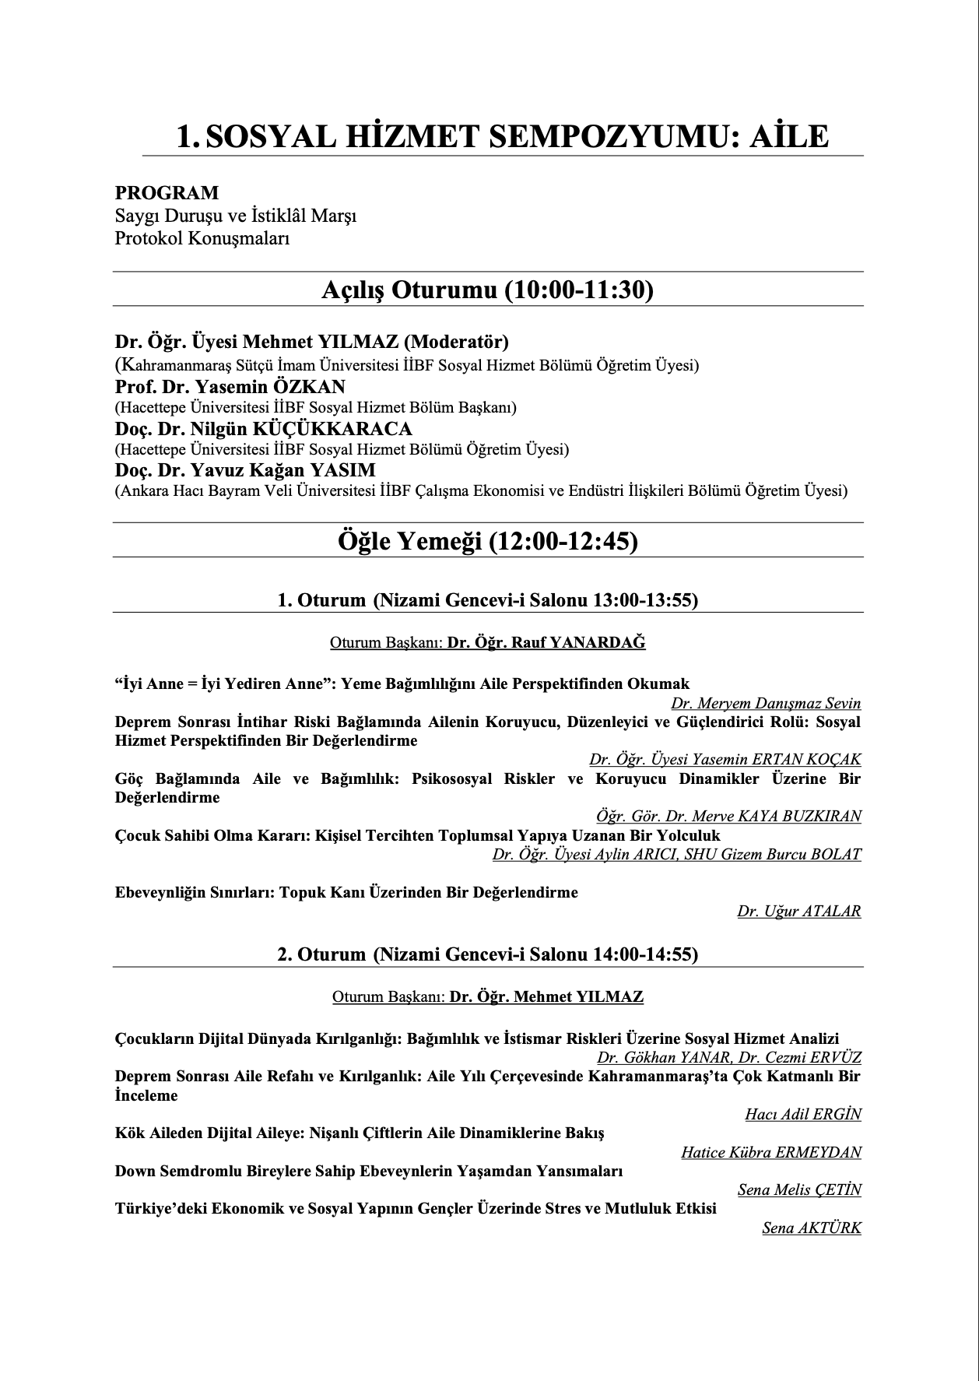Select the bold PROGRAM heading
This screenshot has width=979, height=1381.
point(167,192)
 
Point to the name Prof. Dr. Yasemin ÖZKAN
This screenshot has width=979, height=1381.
point(230,387)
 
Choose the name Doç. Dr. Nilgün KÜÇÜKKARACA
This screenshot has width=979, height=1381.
point(264,429)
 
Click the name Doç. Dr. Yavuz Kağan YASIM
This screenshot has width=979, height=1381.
point(245,470)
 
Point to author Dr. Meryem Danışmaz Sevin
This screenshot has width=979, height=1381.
point(766,704)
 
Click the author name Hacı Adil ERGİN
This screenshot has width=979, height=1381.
point(803,1115)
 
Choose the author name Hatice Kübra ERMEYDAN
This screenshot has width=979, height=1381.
point(771,1153)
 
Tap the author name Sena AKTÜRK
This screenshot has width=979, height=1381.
point(812,1228)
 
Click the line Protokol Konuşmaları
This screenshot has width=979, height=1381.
point(202,238)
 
